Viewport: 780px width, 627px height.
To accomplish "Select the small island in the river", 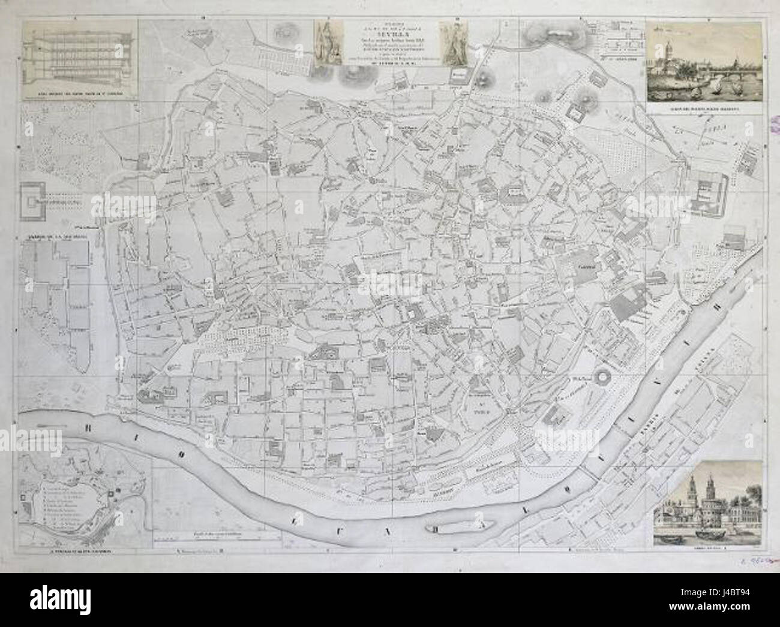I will pos(459,527).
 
